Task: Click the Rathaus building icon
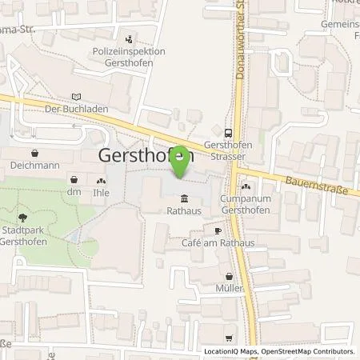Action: click(x=185, y=199)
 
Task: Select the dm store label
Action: click(x=75, y=192)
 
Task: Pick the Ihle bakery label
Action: click(x=102, y=192)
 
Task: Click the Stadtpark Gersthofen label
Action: click(x=21, y=237)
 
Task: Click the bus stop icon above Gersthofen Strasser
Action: click(x=229, y=134)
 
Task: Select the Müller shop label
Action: click(x=229, y=287)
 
